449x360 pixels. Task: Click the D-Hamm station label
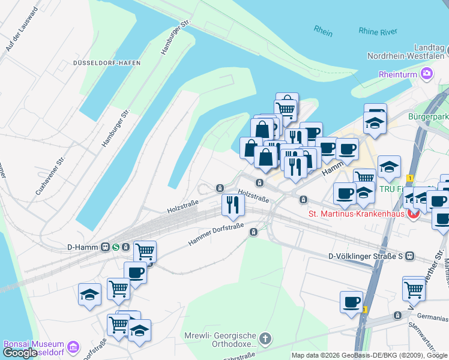click(83, 247)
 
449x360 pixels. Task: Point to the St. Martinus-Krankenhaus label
click(357, 213)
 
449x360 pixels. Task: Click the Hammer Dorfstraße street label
click(215, 231)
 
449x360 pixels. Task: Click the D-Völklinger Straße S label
click(365, 256)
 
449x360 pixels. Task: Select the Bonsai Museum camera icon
click(73, 347)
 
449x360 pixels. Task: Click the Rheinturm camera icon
click(427, 74)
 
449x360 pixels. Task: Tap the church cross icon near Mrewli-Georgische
click(264, 335)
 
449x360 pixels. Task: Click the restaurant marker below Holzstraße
click(232, 205)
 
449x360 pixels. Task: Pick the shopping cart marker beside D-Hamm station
click(145, 251)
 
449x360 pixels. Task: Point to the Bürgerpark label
click(428, 116)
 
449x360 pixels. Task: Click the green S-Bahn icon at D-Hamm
click(125, 247)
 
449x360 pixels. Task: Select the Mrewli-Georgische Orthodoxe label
click(234, 340)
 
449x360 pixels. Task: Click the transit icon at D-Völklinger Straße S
click(410, 256)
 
